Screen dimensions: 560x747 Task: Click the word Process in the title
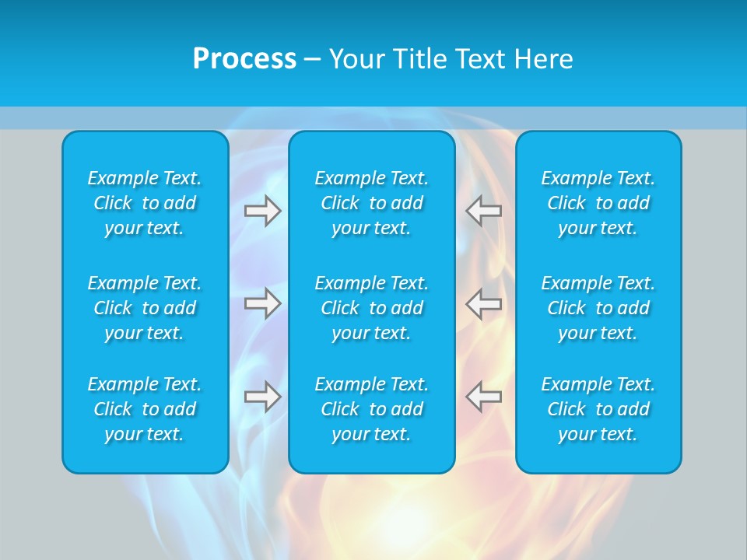tap(244, 59)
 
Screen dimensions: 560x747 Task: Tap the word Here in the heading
tap(542, 59)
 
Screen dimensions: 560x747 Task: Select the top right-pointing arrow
tap(262, 211)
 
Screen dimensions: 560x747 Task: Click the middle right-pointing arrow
tap(262, 303)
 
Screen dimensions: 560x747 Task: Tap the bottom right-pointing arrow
tap(262, 396)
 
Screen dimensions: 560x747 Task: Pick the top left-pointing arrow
tap(483, 211)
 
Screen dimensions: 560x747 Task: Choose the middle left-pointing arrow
tap(483, 303)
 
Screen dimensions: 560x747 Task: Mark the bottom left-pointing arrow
tap(483, 396)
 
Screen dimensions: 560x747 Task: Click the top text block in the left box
tap(145, 203)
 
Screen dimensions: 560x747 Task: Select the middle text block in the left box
tap(145, 308)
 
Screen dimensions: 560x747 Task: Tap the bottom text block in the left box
tap(145, 409)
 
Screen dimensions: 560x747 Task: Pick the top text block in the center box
tap(371, 203)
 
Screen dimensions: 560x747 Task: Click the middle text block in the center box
tap(371, 308)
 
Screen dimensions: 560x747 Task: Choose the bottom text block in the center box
tap(371, 409)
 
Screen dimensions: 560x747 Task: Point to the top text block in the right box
tap(598, 203)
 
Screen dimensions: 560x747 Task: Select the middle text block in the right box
tap(598, 308)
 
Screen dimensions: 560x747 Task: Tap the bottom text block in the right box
tap(598, 409)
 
